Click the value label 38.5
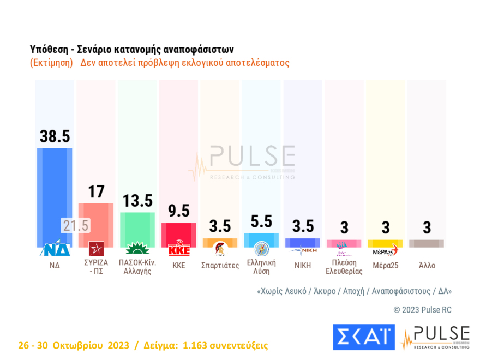(55, 136)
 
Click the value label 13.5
(137, 201)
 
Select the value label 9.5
(178, 212)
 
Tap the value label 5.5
(261, 222)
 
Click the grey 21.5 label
(75, 225)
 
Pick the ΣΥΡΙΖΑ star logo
(96, 249)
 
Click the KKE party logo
(178, 250)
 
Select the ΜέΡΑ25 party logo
(385, 250)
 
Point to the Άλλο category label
(427, 265)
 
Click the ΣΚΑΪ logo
(363, 337)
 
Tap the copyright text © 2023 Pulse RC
(422, 310)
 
